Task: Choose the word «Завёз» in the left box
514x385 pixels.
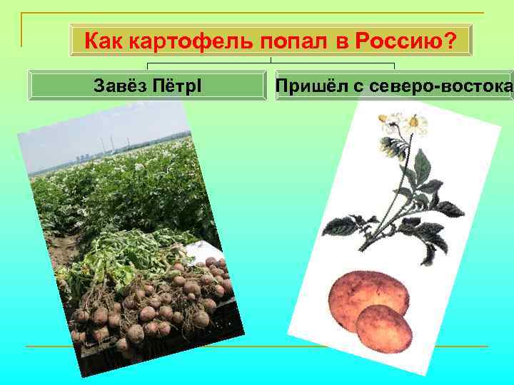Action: pos(121,86)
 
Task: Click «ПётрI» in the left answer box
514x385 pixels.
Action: pos(177,86)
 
